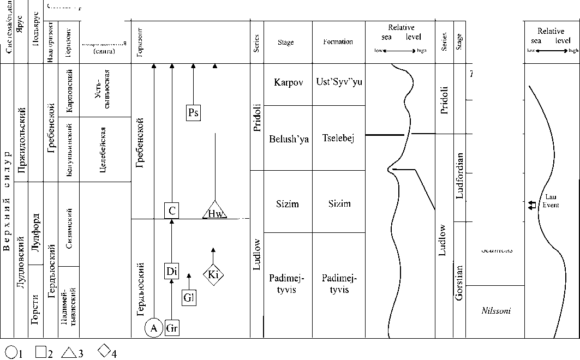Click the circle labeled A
(x=154, y=328)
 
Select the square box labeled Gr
(x=172, y=328)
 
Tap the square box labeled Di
(x=172, y=271)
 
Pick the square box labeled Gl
(x=189, y=298)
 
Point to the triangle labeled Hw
(x=215, y=211)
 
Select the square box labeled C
(x=172, y=210)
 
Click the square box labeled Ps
(x=193, y=113)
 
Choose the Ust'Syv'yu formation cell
(x=338, y=82)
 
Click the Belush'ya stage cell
(x=289, y=139)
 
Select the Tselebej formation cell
(x=338, y=139)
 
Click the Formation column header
(x=338, y=42)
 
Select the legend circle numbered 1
(x=11, y=352)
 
